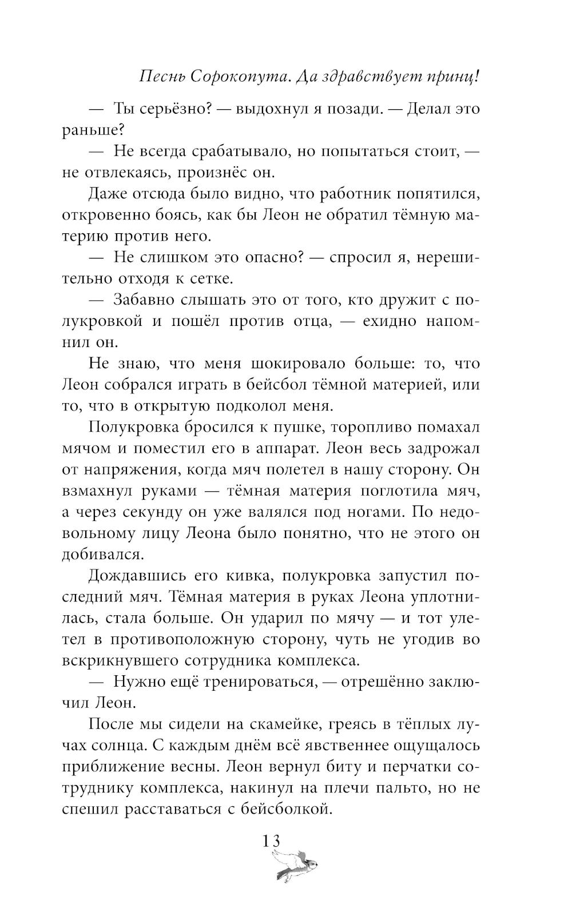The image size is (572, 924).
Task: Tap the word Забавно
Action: tap(143, 300)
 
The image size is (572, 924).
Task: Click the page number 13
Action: tap(272, 842)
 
